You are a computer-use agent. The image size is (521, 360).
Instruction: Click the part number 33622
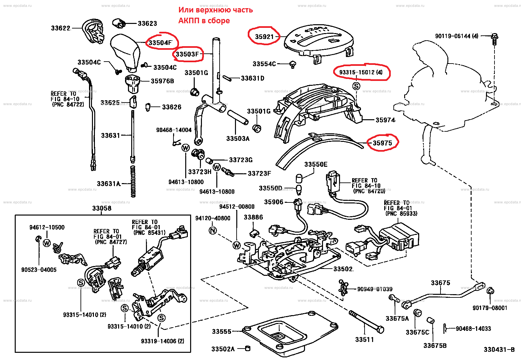click(x=61, y=28)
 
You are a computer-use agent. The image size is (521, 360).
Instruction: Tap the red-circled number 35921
click(x=264, y=37)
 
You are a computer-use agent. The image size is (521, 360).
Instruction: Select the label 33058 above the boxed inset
click(x=102, y=208)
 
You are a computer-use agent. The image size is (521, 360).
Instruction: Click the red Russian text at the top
click(x=215, y=15)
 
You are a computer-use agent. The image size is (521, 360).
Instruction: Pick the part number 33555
click(x=222, y=332)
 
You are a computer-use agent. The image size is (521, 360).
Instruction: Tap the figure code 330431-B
click(x=499, y=350)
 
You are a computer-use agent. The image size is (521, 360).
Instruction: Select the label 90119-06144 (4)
click(x=457, y=36)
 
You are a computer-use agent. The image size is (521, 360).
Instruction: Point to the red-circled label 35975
click(x=382, y=143)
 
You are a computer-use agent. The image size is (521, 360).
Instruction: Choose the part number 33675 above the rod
click(x=440, y=283)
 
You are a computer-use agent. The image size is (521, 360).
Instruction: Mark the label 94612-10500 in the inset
click(x=47, y=227)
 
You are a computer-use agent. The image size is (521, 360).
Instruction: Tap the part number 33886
click(x=253, y=217)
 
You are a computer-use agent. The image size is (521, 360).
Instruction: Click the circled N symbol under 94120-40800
click(x=213, y=231)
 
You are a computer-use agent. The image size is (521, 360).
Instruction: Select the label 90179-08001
click(x=490, y=308)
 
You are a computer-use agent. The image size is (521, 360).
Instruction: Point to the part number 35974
click(x=385, y=120)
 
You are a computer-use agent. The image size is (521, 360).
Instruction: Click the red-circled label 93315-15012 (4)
click(x=361, y=72)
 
